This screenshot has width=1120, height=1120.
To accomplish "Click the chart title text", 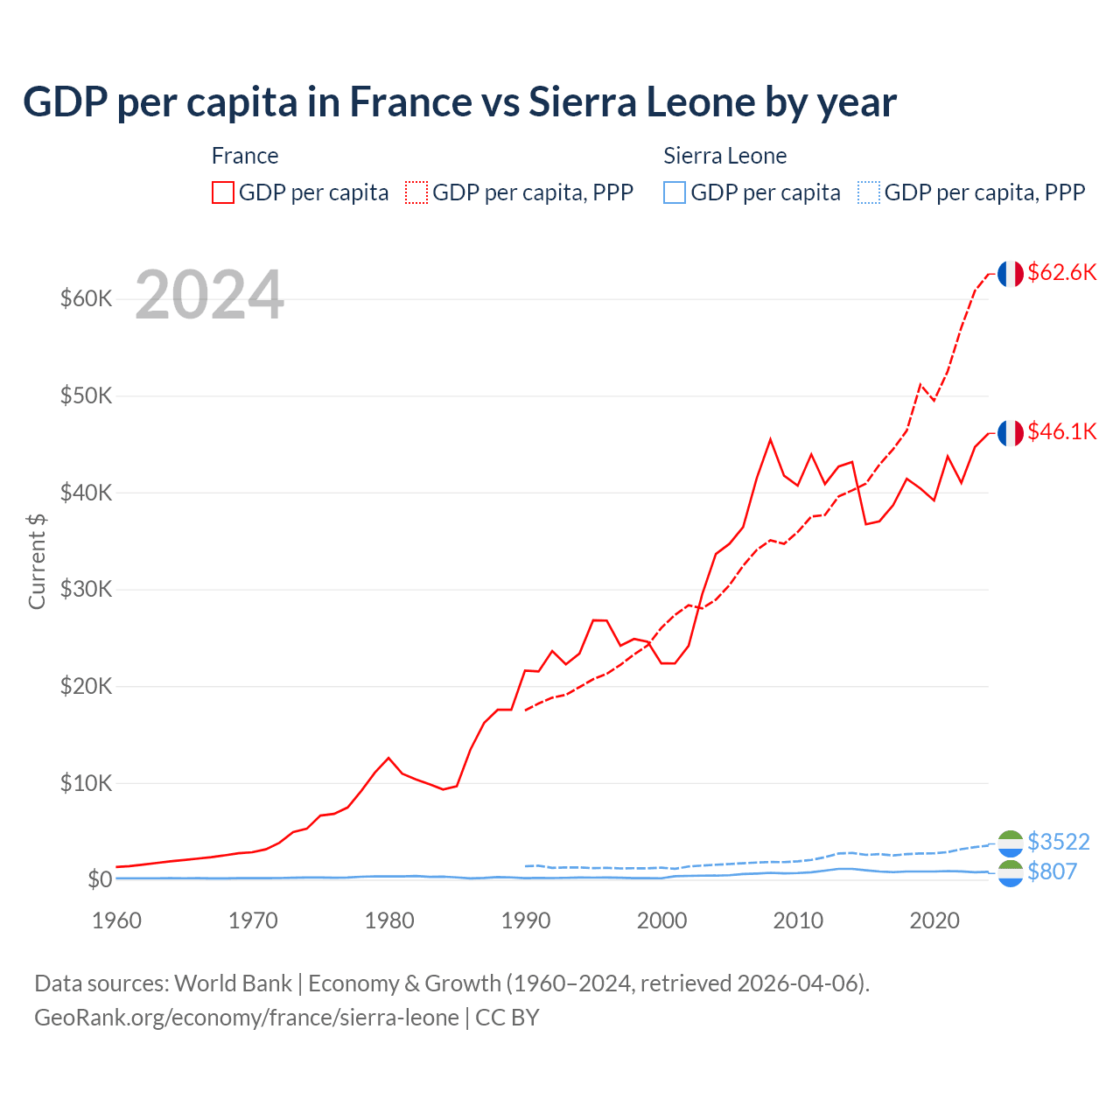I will (459, 102).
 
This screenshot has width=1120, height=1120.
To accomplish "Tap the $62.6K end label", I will (1061, 272).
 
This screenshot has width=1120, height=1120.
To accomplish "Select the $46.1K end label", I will (1061, 431).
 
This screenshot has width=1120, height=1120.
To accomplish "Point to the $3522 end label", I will (1058, 842).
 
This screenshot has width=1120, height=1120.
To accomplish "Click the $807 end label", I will (1052, 871).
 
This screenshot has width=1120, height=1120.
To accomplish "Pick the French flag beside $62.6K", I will (1011, 274).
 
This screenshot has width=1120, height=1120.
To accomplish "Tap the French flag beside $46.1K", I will (1011, 433).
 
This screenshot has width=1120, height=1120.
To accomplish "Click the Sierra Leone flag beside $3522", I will (1011, 843).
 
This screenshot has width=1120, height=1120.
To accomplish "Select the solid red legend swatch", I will (223, 192).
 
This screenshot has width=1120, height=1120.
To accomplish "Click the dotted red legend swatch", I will (416, 192).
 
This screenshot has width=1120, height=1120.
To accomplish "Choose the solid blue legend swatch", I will (675, 192).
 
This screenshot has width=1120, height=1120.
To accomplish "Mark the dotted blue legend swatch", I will (869, 192).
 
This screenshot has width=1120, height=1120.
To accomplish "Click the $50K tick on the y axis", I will (86, 395).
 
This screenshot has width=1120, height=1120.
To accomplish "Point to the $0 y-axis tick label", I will (100, 879).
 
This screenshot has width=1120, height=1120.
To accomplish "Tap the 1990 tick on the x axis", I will (526, 920).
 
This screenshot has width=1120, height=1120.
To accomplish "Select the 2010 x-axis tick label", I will (799, 920).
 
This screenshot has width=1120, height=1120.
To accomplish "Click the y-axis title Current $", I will (37, 561).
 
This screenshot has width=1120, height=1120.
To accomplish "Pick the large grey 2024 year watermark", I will (209, 295).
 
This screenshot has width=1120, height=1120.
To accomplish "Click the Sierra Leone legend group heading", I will (724, 156).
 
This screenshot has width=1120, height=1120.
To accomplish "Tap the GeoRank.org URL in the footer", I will (247, 1018).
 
